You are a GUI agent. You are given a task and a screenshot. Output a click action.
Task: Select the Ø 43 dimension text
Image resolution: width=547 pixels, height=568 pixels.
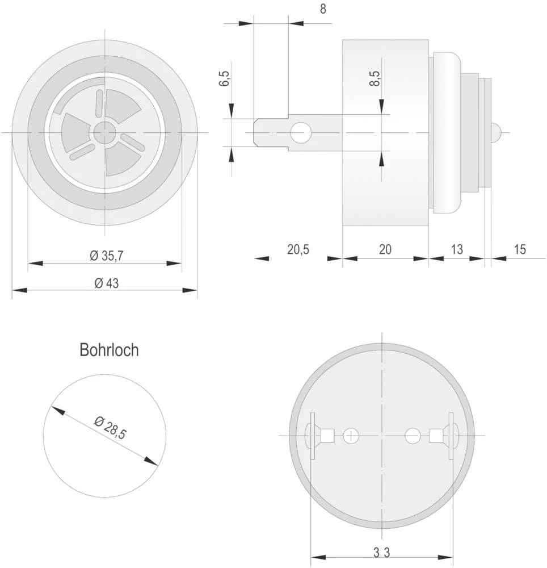click(104, 283)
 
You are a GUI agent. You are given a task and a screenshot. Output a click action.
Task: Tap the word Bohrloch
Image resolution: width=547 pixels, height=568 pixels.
click(109, 350)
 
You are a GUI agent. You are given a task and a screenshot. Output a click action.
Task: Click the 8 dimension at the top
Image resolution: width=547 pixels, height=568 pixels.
click(323, 10)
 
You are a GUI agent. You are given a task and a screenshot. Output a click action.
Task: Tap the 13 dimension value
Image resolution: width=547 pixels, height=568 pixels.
click(456, 249)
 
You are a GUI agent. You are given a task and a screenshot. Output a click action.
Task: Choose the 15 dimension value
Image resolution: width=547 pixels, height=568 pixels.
click(520, 249)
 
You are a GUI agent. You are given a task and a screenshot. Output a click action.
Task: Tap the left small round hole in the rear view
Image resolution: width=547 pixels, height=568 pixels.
click(351, 436)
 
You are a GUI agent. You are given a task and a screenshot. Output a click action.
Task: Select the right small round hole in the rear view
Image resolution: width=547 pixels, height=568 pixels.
click(413, 436)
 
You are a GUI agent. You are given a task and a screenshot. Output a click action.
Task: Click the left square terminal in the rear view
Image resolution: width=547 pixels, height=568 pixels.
click(327, 436)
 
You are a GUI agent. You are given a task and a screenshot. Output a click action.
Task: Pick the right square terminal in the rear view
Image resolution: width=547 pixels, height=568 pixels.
click(436, 436)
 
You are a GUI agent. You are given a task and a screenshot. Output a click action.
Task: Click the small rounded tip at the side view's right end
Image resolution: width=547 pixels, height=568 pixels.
click(495, 133)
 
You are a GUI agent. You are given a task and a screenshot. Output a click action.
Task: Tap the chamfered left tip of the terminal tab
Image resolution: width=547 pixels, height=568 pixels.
click(256, 133)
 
